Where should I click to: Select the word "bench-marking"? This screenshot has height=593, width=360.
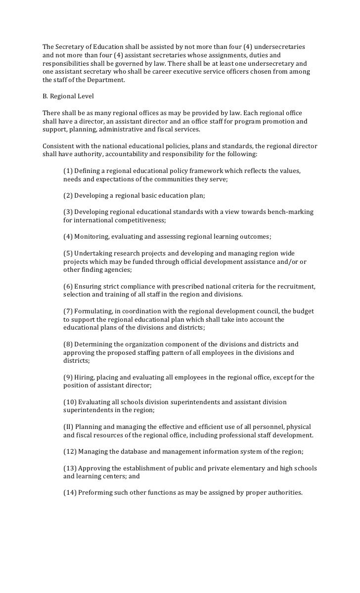click(291, 212)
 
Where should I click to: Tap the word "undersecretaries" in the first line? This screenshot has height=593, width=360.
click(280, 47)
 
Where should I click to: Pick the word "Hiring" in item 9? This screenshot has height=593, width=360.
click(84, 378)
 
